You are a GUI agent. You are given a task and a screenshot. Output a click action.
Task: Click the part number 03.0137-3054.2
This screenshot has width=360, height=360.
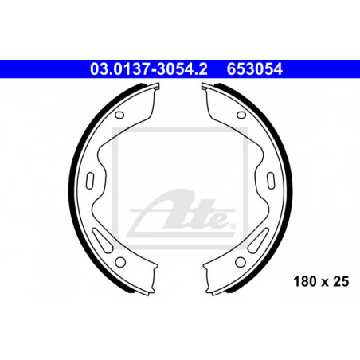tap(149, 69)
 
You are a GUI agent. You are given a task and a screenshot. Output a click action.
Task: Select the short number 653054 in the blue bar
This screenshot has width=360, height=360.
tap(255, 69)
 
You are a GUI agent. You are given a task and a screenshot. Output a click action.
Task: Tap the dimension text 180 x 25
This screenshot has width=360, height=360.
tap(321, 281)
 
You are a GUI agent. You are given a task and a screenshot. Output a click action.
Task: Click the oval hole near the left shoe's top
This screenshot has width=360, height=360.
tap(119, 115)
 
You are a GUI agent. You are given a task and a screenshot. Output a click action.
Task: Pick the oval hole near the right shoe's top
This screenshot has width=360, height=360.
tap(241, 115)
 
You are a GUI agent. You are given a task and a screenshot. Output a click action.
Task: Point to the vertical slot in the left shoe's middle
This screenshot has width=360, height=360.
tap(90, 181)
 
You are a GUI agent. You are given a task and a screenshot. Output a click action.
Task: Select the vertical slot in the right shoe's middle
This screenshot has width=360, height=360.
tap(271, 181)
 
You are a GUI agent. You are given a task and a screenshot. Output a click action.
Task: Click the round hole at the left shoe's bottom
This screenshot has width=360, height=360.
tap(120, 262)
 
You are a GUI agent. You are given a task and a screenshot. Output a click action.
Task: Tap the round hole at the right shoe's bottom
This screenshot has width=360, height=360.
tap(241, 262)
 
